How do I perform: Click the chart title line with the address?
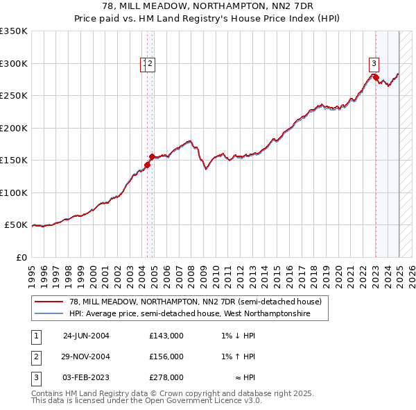click(x=207, y=6)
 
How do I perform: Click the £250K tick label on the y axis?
click(x=14, y=96)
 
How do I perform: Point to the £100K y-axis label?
click(x=14, y=192)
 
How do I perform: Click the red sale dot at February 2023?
click(x=376, y=78)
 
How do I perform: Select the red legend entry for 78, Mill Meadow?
click(x=196, y=302)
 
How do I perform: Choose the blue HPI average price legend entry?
click(x=189, y=314)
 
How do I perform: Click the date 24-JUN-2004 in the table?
click(x=86, y=336)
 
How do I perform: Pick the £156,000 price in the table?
click(x=166, y=356)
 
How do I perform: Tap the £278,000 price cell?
click(x=166, y=377)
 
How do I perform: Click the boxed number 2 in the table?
click(x=35, y=356)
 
